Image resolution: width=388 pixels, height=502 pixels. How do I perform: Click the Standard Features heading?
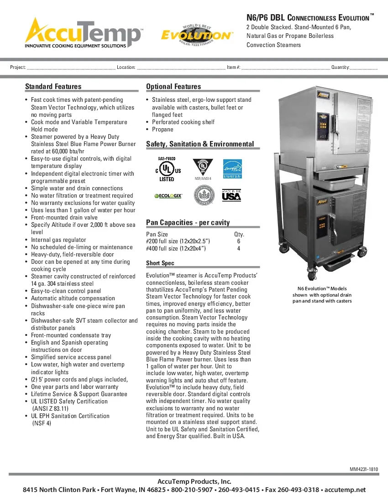(53, 87)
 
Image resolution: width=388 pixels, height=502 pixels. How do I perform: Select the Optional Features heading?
(173, 87)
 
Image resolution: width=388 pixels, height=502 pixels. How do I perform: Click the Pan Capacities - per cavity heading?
(188, 222)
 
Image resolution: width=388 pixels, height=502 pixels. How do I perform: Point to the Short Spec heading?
(160, 263)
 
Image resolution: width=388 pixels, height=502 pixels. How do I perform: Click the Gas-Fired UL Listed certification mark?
(167, 169)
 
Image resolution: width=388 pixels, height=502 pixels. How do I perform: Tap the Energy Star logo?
(232, 169)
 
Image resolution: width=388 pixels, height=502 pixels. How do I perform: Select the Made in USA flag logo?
(231, 195)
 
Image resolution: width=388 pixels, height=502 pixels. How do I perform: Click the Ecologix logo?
(168, 196)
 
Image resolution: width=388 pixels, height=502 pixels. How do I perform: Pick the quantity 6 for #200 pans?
(239, 241)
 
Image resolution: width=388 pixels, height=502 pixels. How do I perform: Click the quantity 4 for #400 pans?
(239, 249)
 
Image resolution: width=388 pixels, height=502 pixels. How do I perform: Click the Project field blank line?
(71, 68)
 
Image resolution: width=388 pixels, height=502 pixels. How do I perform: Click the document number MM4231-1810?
(364, 469)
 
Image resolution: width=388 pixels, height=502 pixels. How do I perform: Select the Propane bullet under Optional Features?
(163, 129)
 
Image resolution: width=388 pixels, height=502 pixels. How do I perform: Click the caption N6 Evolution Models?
(322, 288)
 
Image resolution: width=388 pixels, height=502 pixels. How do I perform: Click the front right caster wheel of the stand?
(363, 252)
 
